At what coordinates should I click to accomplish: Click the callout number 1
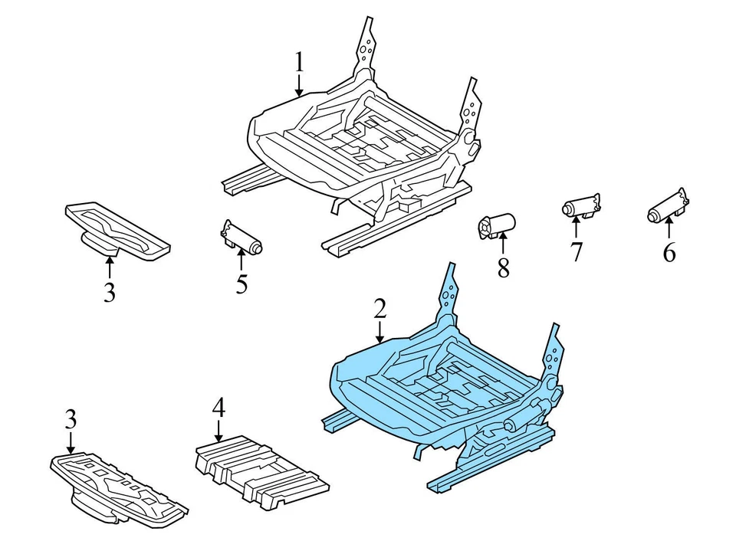(x=299, y=61)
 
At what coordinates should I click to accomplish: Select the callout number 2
(x=379, y=309)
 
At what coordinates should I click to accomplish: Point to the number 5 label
(x=242, y=284)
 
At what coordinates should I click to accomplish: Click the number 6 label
(x=669, y=252)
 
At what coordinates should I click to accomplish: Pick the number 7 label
(x=576, y=251)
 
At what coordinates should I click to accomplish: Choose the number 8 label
(x=503, y=269)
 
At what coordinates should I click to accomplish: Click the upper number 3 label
(x=110, y=292)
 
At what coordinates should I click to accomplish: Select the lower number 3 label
(x=71, y=419)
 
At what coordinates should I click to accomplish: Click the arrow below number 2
(x=379, y=331)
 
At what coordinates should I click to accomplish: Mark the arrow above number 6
(x=669, y=228)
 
